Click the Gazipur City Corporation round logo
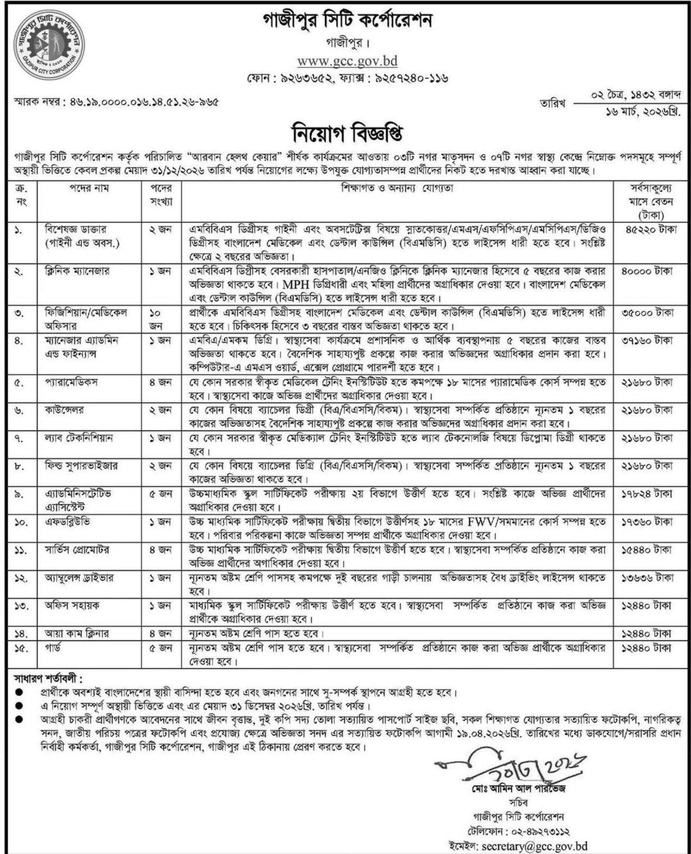(x=49, y=45)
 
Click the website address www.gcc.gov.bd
(x=348, y=61)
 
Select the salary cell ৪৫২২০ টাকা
(x=648, y=230)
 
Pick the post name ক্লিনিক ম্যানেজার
(x=77, y=271)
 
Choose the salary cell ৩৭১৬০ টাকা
(x=648, y=341)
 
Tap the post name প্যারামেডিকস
(x=72, y=382)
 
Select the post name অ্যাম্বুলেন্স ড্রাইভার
(x=79, y=577)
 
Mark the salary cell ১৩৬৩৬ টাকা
(x=648, y=577)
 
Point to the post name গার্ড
(x=52, y=648)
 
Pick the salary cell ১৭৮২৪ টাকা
(x=648, y=493)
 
